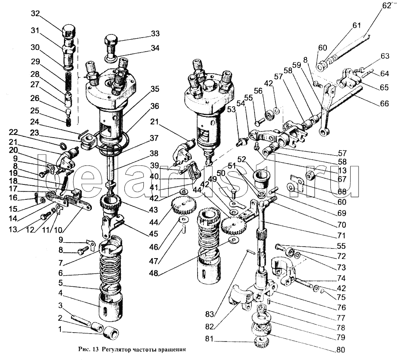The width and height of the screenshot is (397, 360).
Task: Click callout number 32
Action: [x=35, y=14]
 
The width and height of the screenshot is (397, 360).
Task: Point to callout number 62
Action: [x=386, y=6]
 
